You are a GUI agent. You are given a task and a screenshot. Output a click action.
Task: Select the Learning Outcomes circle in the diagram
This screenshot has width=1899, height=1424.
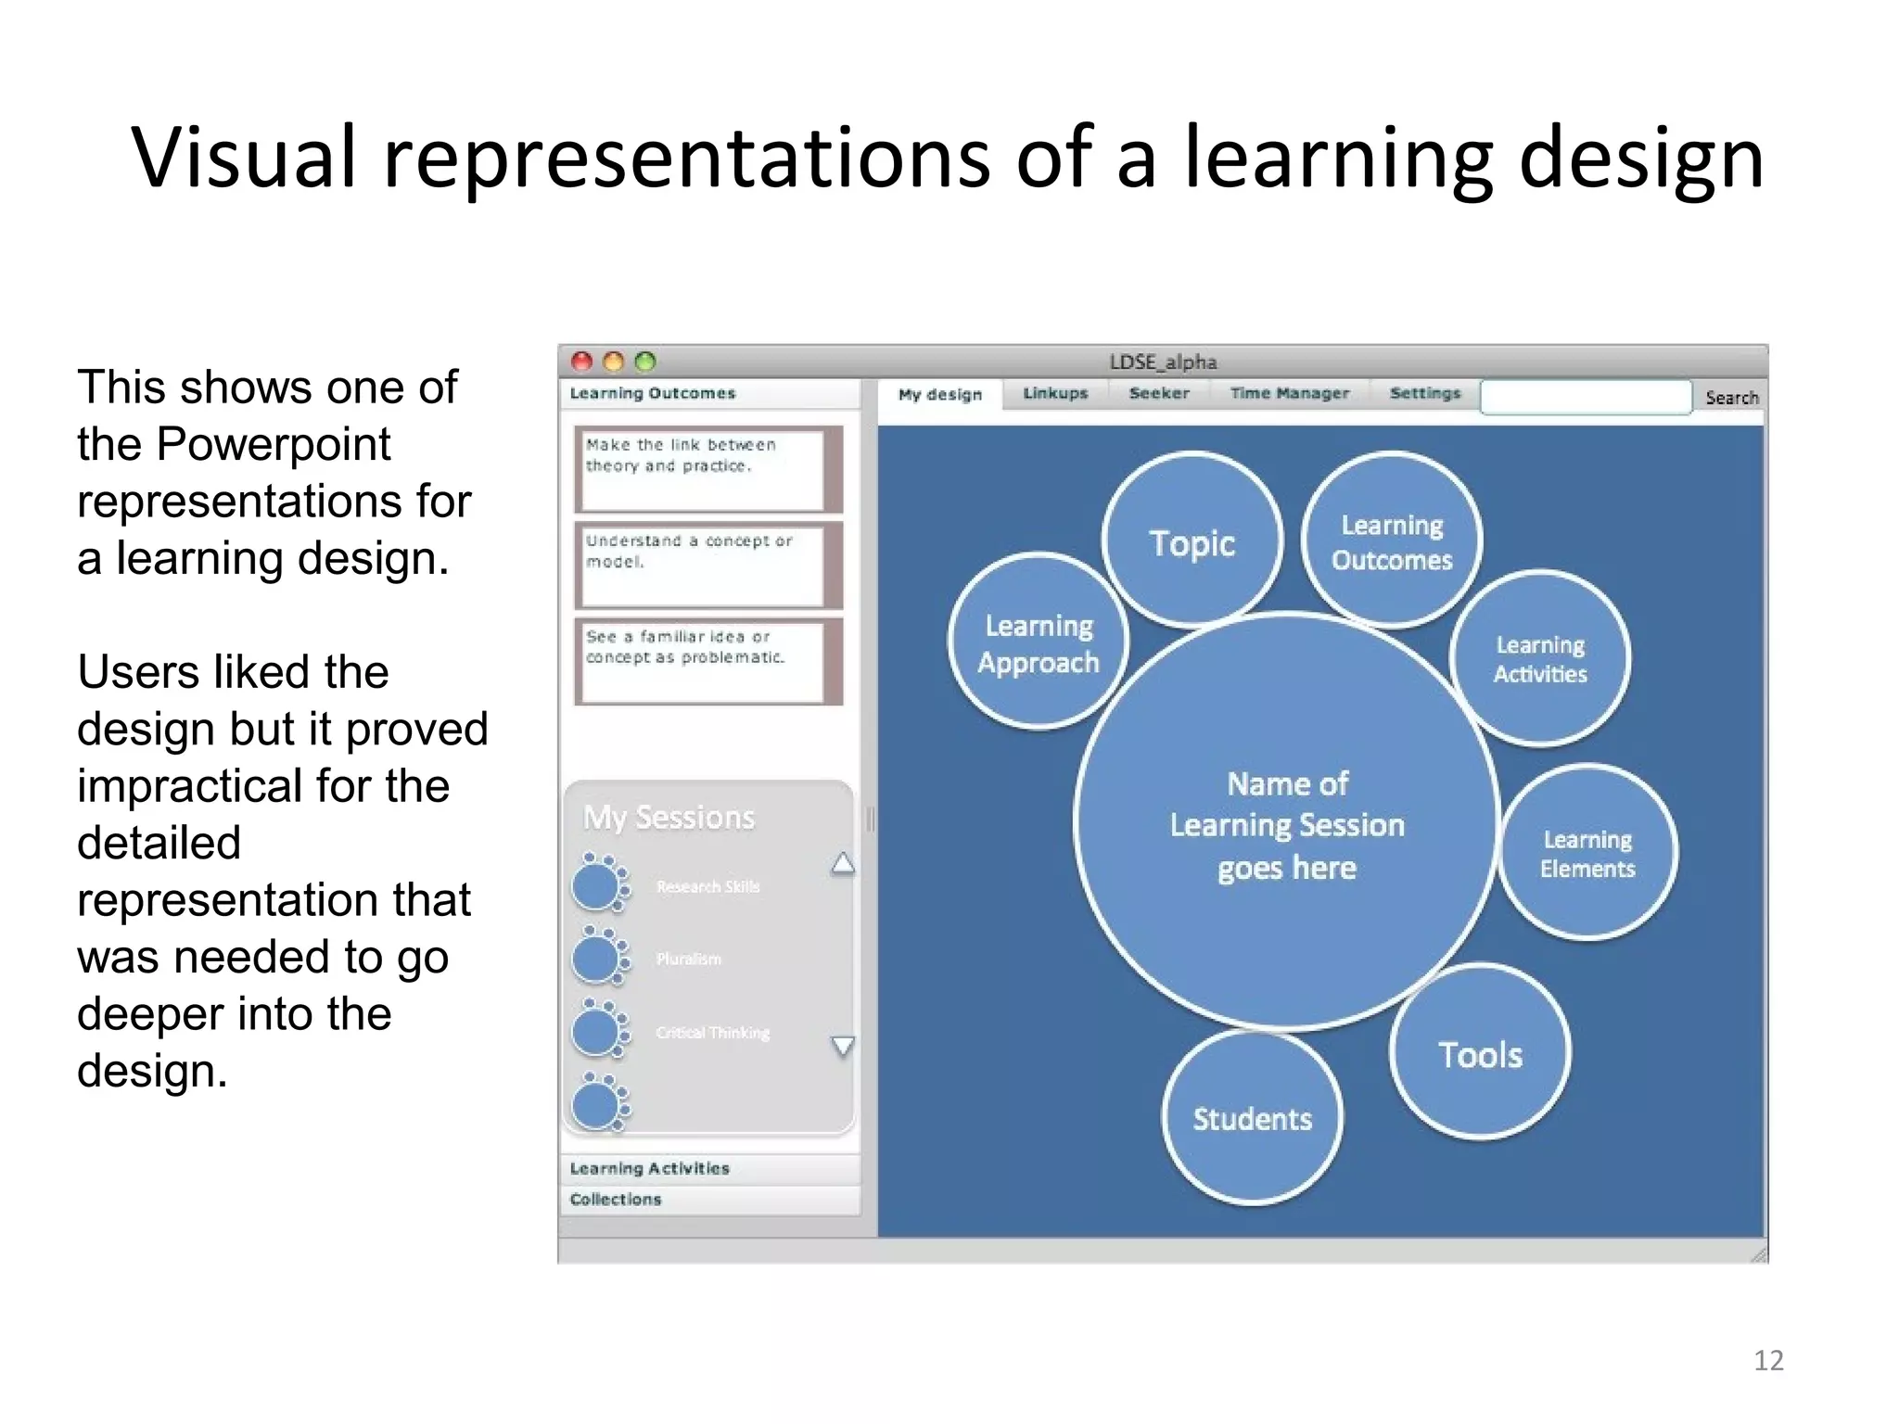click(1391, 541)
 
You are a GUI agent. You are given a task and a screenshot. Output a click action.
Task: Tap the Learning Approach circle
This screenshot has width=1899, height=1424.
click(1039, 643)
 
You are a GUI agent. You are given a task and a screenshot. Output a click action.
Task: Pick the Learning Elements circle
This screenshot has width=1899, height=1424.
click(1587, 853)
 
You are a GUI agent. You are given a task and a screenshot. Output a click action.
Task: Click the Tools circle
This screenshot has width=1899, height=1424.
click(1480, 1054)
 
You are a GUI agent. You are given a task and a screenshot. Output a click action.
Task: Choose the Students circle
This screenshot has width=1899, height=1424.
click(1252, 1118)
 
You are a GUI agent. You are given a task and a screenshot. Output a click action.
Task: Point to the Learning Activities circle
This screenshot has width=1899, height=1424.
click(1540, 658)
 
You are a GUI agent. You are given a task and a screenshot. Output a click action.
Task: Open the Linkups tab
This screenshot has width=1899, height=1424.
click(1055, 393)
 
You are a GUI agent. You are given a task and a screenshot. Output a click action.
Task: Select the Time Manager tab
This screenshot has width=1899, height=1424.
click(1289, 393)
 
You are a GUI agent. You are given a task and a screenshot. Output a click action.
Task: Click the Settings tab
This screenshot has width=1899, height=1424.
click(1424, 393)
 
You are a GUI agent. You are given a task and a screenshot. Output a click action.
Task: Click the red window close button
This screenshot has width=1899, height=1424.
click(581, 362)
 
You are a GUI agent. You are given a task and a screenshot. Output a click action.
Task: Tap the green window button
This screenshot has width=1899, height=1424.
click(645, 362)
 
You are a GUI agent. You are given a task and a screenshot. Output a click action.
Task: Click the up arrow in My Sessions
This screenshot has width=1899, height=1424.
click(843, 863)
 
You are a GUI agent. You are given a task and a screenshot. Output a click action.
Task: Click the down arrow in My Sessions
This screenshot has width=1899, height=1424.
click(843, 1046)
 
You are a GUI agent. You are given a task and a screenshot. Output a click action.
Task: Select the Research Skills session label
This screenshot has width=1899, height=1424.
click(707, 886)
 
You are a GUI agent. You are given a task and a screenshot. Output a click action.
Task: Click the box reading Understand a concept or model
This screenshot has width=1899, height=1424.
click(701, 565)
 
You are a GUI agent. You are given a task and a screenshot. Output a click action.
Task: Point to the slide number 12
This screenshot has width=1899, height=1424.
click(1768, 1360)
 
